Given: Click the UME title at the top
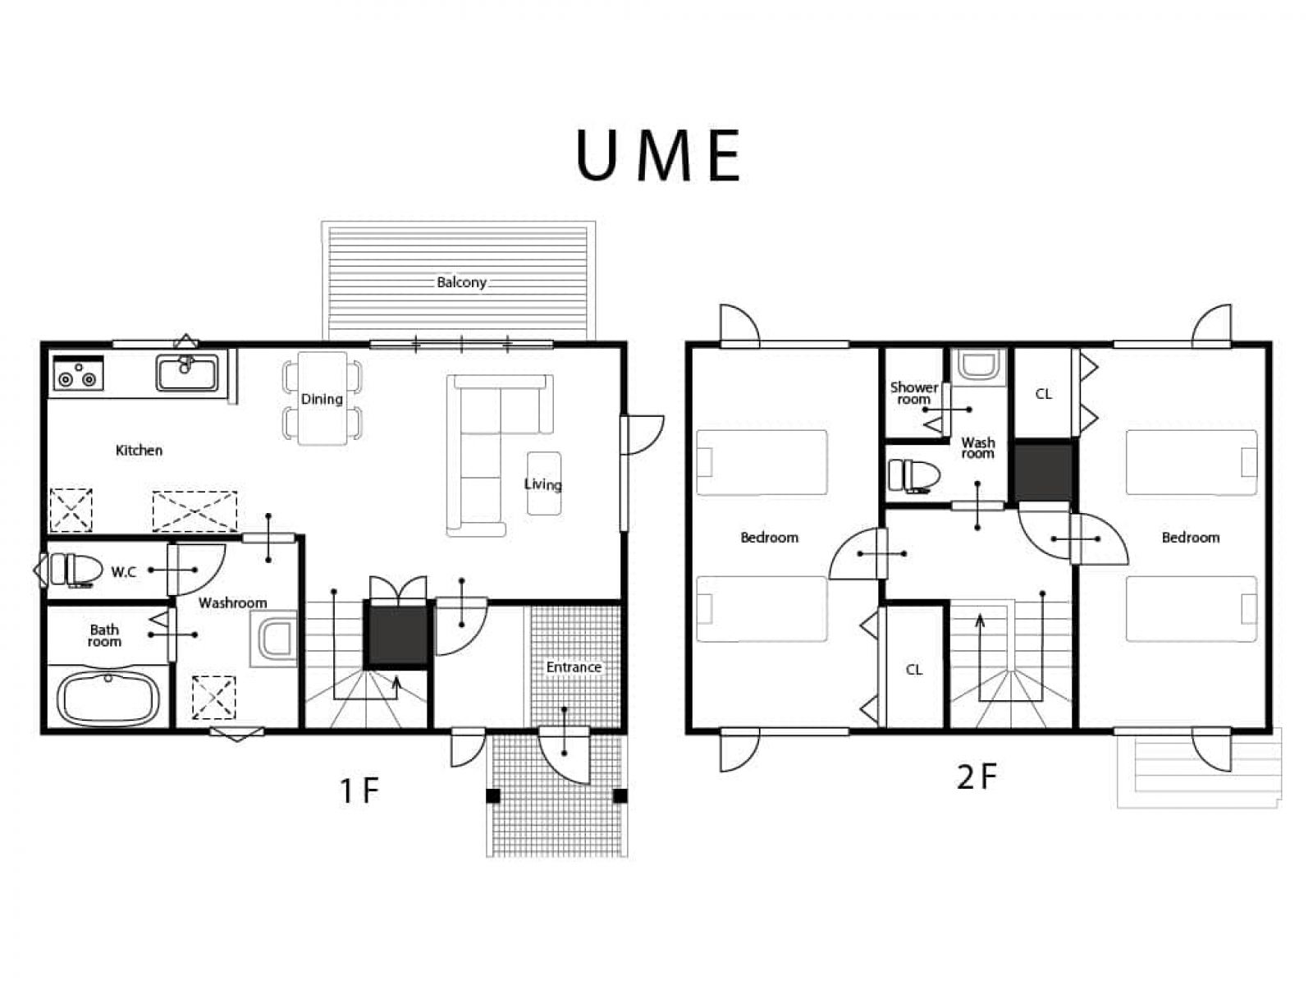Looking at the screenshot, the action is pyautogui.click(x=659, y=155).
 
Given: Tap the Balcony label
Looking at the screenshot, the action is pyautogui.click(x=461, y=282).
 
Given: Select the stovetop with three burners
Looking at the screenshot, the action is pyautogui.click(x=78, y=373).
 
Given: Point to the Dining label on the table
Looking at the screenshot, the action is pyautogui.click(x=322, y=399).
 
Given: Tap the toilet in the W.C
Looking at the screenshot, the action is pyautogui.click(x=71, y=570).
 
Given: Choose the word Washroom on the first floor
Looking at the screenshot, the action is pyautogui.click(x=233, y=602).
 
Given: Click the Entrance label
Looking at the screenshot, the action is pyautogui.click(x=574, y=667).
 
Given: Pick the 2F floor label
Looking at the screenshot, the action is pyautogui.click(x=977, y=777).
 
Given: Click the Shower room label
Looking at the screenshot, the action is pyautogui.click(x=914, y=393).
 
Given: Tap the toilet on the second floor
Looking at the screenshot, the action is pyautogui.click(x=913, y=476).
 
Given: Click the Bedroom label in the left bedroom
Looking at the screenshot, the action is pyautogui.click(x=769, y=538).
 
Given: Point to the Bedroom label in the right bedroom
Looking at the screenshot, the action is pyautogui.click(x=1191, y=538).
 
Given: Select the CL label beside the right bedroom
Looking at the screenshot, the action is pyautogui.click(x=1043, y=394).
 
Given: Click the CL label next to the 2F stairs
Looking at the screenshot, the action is pyautogui.click(x=914, y=670).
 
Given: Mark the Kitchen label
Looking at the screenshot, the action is pyautogui.click(x=139, y=451).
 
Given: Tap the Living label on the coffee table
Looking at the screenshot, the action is pyautogui.click(x=543, y=484).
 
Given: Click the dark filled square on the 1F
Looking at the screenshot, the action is pyautogui.click(x=396, y=635).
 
